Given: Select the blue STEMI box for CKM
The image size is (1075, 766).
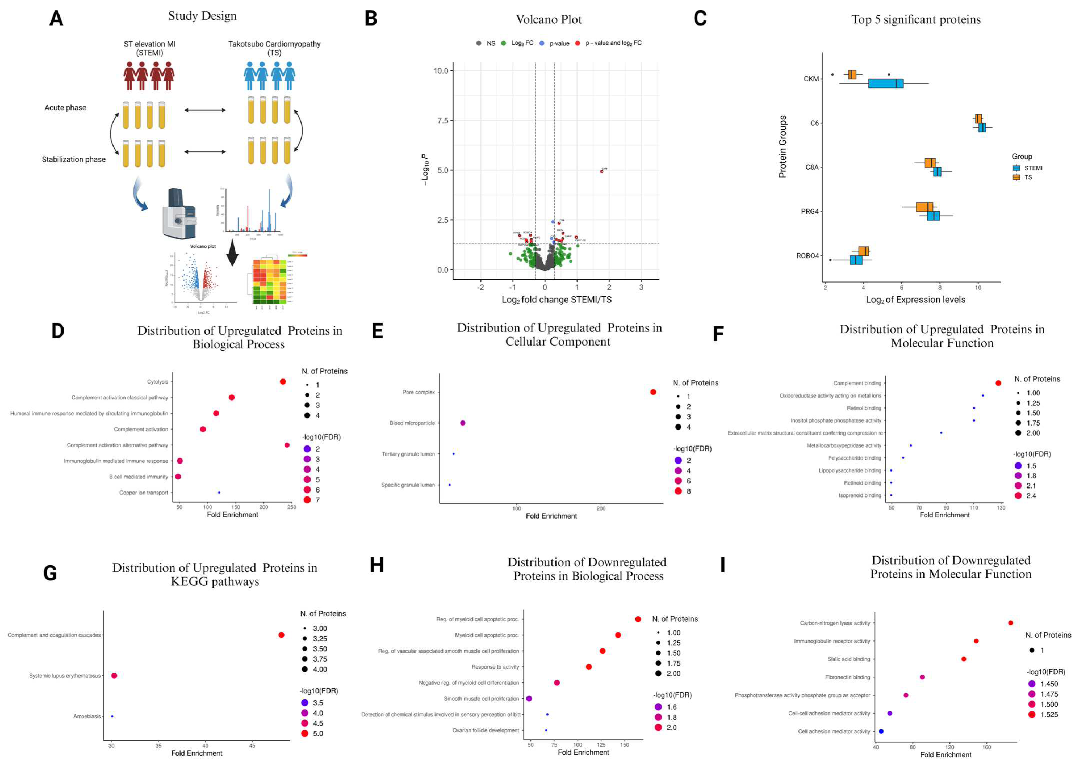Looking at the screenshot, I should [885, 83].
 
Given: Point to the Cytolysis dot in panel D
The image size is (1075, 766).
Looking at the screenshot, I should [283, 382].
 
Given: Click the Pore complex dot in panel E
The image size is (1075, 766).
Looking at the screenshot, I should [653, 392].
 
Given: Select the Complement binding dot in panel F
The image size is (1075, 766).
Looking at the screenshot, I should [998, 383].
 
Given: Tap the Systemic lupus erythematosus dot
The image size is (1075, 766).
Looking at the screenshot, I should [114, 675].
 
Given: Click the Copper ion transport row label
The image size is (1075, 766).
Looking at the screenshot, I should [144, 493].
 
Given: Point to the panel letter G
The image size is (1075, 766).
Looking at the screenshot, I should [50, 573].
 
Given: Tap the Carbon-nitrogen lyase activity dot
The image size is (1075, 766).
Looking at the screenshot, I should [1010, 623].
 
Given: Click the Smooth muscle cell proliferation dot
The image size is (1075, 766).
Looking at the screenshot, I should [529, 698].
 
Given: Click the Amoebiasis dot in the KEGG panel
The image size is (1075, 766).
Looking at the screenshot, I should [112, 716].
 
